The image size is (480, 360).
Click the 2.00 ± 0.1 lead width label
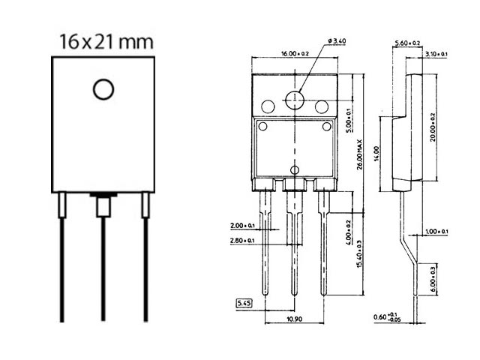coord(244,225)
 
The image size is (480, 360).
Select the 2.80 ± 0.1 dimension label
coord(244,240)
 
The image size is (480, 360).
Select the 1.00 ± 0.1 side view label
coord(435,231)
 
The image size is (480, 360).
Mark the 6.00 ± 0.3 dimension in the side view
coord(433,277)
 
